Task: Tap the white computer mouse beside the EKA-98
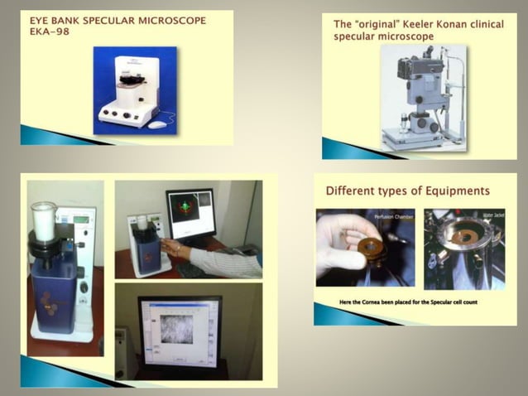click(157, 124)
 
